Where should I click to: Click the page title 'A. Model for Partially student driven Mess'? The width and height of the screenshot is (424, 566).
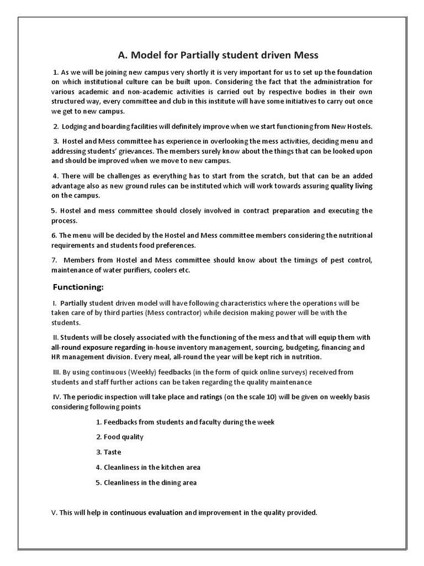point(218,55)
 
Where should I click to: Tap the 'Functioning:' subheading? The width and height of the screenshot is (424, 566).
point(78,287)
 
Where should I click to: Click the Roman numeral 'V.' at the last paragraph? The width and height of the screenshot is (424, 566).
point(54,512)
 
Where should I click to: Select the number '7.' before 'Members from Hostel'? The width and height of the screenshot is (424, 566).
point(54,260)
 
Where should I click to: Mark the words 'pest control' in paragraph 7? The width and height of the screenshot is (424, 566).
point(351,260)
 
